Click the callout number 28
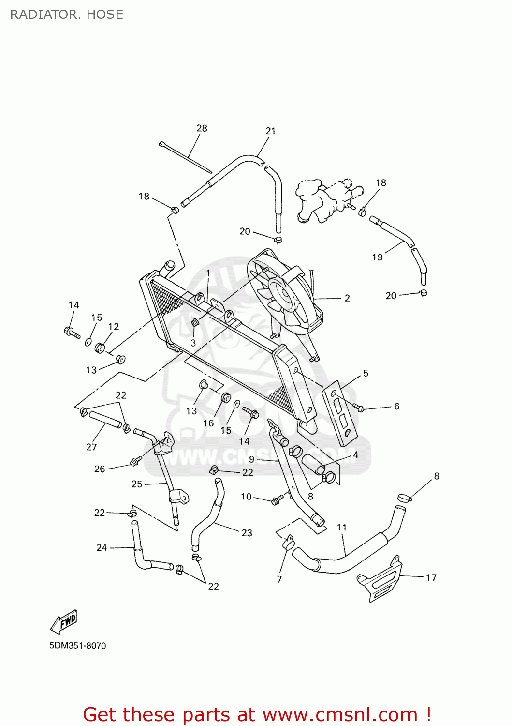pos(202,128)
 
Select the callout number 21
pos(270,131)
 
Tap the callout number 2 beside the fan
pos(347,298)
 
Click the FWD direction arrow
pos(64,621)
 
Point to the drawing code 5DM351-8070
pos(77,646)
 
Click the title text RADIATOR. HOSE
pos(67,15)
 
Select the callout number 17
pos(431,577)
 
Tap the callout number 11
pos(342,528)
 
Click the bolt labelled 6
pos(359,408)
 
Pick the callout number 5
pos(366,373)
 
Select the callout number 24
pos(102,548)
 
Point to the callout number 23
pos(247,533)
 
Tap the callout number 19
pos(377,257)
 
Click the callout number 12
pos(113,327)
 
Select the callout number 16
pos(208,423)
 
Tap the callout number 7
pos(279,579)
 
